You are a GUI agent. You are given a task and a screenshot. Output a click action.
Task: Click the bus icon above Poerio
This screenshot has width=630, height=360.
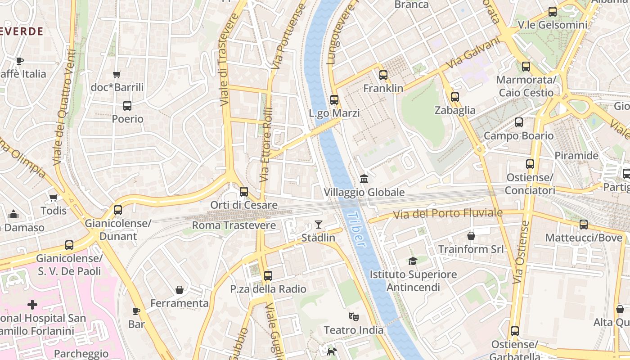[x=127, y=106]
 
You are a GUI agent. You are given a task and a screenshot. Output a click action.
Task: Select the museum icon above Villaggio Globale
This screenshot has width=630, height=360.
[x=364, y=179]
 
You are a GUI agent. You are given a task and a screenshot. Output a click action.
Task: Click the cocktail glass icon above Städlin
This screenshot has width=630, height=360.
[x=319, y=224]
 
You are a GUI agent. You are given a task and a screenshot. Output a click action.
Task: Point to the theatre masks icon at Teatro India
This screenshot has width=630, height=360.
[x=354, y=317]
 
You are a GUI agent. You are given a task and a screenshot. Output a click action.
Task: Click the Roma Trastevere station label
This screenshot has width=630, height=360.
[x=234, y=225]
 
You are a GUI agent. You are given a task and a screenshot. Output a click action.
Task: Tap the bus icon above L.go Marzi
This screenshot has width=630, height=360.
[x=334, y=100]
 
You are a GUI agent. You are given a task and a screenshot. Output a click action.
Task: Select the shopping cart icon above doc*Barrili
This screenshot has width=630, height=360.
[x=117, y=74]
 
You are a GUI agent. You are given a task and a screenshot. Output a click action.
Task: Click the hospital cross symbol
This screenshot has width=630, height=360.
[x=32, y=305]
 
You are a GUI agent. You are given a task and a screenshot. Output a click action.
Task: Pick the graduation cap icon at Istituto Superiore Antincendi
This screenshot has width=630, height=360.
[x=413, y=261]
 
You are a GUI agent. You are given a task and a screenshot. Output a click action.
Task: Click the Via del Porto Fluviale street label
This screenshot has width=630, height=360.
[x=448, y=214]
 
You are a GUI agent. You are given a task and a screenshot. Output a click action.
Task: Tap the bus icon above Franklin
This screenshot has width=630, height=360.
[x=383, y=75]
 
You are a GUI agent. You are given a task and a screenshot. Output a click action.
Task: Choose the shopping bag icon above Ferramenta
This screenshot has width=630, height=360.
[x=179, y=290]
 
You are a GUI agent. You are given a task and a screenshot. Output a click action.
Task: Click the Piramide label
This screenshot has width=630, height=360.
[x=576, y=156]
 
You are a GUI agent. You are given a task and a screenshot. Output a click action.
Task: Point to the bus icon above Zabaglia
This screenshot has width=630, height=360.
[x=454, y=97]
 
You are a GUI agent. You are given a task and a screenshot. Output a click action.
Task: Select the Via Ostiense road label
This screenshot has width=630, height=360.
[x=521, y=252]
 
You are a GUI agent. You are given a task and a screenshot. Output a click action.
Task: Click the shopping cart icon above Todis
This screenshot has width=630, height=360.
[x=54, y=198]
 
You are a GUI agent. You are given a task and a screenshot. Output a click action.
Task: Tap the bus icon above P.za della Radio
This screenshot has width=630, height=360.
[x=268, y=275]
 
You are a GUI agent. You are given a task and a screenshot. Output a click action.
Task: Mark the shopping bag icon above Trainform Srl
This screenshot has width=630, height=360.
[x=471, y=236]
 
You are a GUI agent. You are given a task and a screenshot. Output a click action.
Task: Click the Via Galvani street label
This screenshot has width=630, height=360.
[x=473, y=53]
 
